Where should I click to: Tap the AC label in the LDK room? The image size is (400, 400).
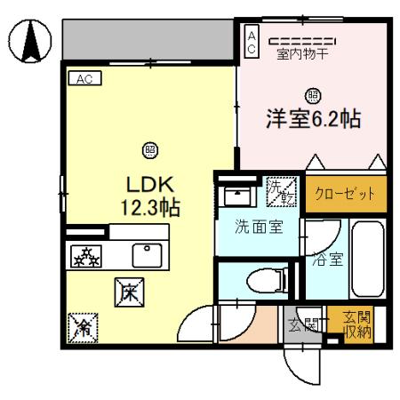click(x=85, y=78)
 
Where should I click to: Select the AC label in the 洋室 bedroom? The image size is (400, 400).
click(x=252, y=42)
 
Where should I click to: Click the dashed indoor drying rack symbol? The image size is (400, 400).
click(x=302, y=40)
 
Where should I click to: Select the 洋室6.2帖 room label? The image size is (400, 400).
click(x=313, y=119)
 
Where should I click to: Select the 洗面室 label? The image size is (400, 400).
click(x=259, y=226)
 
